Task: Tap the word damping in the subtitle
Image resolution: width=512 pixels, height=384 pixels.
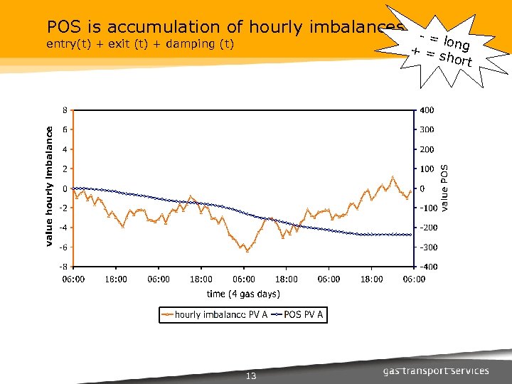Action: click(189, 45)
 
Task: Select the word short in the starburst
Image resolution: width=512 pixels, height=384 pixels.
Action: click(456, 59)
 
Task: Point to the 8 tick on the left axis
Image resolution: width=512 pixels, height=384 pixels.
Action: click(65, 110)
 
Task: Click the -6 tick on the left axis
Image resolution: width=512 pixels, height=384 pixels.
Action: click(63, 247)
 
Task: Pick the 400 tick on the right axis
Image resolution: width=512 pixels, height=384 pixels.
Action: click(427, 110)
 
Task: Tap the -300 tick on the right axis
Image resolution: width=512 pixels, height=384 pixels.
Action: click(428, 247)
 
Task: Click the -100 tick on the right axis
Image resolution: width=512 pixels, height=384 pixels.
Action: click(428, 208)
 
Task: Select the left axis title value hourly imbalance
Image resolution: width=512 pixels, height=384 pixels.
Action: click(49, 186)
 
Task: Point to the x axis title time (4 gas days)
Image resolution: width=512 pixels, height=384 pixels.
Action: click(243, 294)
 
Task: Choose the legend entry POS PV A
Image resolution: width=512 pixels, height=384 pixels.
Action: click(304, 314)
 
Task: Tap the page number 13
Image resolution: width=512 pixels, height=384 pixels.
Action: click(250, 376)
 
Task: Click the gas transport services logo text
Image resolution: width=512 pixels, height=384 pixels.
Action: click(436, 370)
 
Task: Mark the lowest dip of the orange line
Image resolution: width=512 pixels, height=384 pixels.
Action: click(247, 251)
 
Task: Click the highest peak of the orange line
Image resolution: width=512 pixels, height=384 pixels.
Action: click(393, 176)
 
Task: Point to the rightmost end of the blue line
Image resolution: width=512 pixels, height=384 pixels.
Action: click(411, 235)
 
